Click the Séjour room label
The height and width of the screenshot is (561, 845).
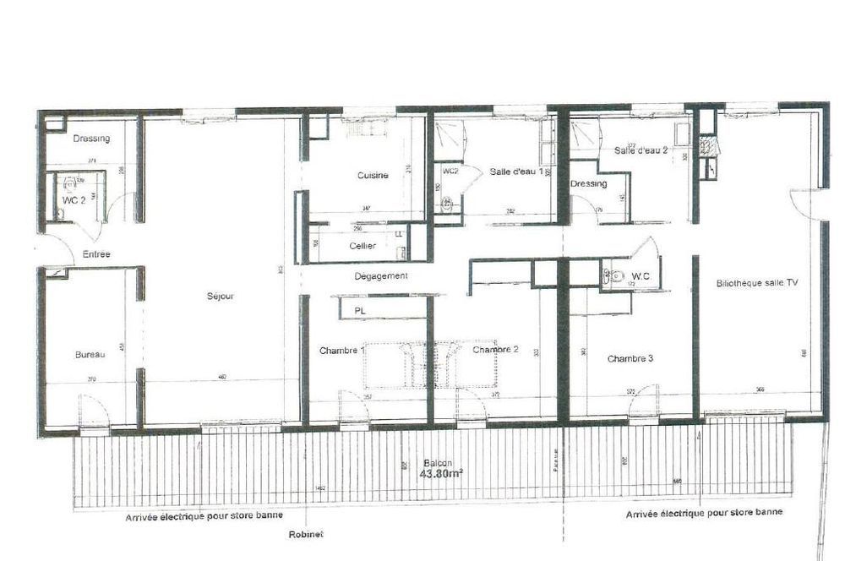click(220, 297)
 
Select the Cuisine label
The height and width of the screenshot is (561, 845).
click(372, 176)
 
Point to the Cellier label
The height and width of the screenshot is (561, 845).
click(363, 246)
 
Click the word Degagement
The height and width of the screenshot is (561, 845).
click(381, 276)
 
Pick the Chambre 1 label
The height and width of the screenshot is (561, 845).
click(341, 350)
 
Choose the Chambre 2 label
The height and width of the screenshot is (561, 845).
click(495, 350)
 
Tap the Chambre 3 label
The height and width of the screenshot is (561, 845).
click(630, 358)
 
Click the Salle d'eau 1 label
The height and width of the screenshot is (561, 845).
click(516, 172)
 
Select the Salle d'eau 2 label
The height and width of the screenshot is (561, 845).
click(642, 150)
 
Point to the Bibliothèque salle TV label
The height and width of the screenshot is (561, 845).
click(756, 284)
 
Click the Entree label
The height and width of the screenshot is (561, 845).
click(95, 254)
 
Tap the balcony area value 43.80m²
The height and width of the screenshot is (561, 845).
click(436, 475)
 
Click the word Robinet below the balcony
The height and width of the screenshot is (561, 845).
click(306, 534)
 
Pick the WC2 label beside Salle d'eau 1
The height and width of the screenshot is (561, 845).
click(450, 171)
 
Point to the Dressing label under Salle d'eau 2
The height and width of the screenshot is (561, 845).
click(588, 184)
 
